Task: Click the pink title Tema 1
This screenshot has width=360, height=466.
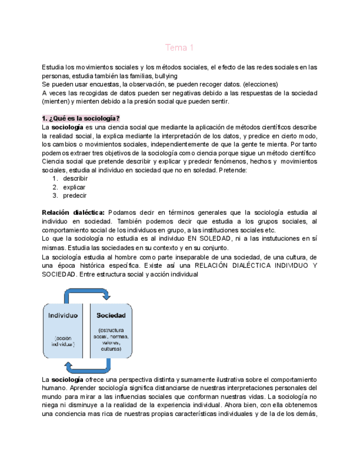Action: [x=180, y=48]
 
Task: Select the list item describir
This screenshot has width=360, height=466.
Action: [x=75, y=179]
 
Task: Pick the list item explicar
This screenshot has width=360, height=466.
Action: [x=74, y=187]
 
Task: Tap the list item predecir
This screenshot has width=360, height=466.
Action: [x=75, y=195]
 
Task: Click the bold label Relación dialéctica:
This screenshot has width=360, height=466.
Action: [x=73, y=213]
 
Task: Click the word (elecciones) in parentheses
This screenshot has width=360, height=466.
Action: [x=261, y=84]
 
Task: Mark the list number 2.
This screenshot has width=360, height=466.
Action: [x=55, y=187]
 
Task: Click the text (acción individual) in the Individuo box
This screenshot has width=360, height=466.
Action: [x=63, y=341]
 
